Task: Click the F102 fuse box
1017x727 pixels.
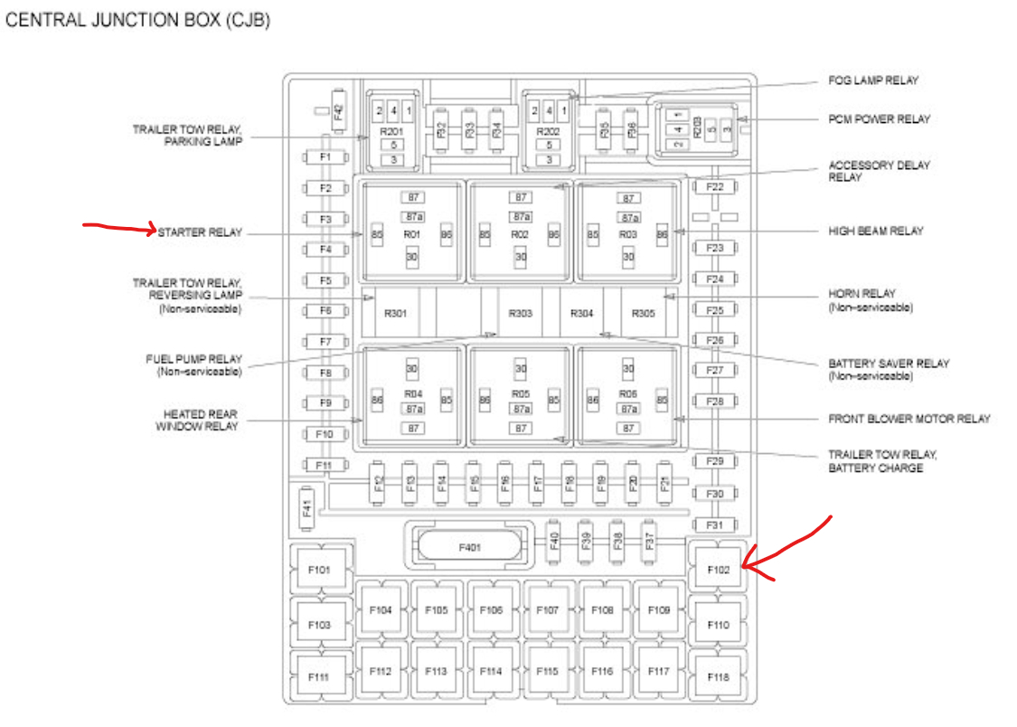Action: tap(717, 569)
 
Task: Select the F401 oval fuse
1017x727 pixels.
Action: tap(468, 546)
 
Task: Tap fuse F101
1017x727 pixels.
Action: tap(319, 571)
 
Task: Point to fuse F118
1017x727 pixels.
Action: tap(718, 677)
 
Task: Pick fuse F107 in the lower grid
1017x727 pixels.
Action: tap(547, 610)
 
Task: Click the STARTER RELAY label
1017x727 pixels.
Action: tap(200, 232)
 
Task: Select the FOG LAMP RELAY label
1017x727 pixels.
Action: tap(872, 80)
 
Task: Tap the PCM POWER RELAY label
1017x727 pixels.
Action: tap(879, 118)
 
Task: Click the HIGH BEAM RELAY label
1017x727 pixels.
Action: tap(875, 231)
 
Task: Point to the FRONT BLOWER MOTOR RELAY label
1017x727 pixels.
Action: tap(909, 419)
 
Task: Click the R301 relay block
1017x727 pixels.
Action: tap(395, 314)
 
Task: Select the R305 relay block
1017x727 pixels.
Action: tap(643, 314)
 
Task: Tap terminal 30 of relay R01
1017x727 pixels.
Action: tap(412, 257)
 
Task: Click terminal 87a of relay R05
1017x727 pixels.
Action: tap(521, 409)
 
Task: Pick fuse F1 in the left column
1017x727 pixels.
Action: tap(325, 157)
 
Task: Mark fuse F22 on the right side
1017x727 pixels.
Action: tap(715, 187)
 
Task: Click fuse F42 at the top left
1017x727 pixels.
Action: tap(338, 111)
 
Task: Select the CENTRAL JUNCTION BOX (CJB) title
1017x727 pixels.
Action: tap(137, 20)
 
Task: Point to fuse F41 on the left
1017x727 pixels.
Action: tap(307, 509)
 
